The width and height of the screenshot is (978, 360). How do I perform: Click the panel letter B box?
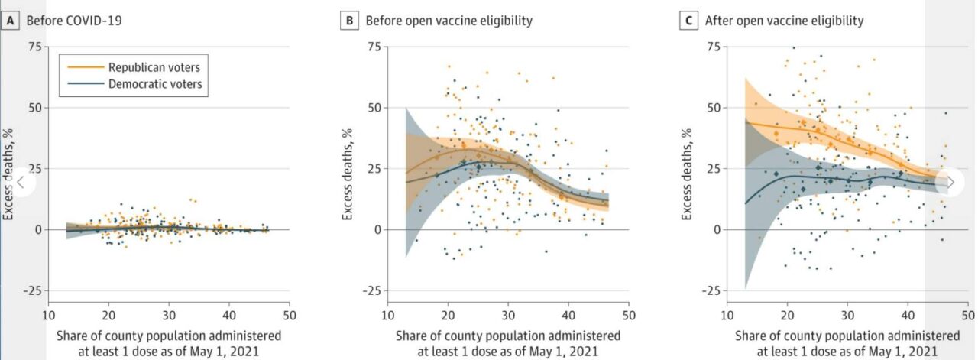[349, 21]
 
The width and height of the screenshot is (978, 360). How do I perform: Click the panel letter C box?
[688, 21]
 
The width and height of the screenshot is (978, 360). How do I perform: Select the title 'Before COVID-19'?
[74, 21]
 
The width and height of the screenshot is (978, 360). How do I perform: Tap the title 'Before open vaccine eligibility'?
[449, 21]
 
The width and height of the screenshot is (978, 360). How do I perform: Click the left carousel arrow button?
[22, 182]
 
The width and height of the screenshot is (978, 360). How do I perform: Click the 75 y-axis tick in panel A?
[33, 47]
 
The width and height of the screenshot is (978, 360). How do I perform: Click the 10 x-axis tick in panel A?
[48, 315]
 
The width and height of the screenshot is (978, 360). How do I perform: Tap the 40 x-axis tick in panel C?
[907, 315]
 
